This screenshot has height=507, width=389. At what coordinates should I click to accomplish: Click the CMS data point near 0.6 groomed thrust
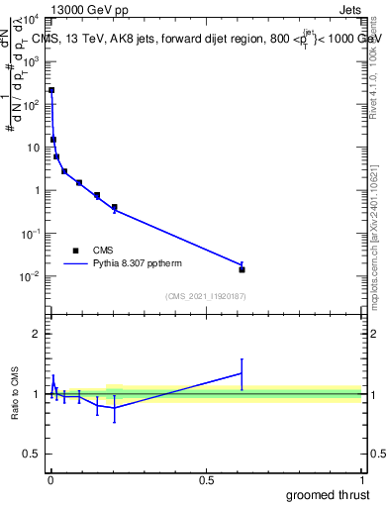tap(242, 269)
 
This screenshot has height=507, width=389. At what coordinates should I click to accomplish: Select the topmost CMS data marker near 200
tap(51, 90)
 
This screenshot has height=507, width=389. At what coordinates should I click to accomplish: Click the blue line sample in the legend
tap(76, 264)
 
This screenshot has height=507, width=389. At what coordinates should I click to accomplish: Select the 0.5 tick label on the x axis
tap(206, 480)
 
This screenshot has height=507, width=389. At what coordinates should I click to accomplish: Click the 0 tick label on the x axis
tap(50, 480)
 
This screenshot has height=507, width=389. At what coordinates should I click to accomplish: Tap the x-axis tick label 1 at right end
tap(361, 480)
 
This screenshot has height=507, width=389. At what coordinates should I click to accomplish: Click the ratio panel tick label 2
tap(38, 334)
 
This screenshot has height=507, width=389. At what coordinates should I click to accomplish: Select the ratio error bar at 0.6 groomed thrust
tap(242, 374)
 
